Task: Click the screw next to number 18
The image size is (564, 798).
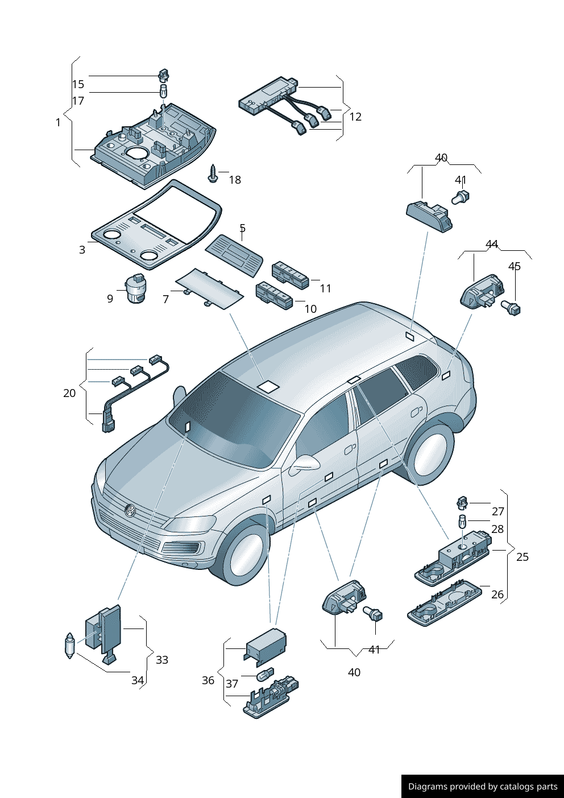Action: (x=213, y=173)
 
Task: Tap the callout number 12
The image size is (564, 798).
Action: (x=355, y=117)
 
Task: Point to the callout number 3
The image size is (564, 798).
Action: (x=82, y=250)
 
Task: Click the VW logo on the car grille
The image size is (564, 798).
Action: (x=130, y=511)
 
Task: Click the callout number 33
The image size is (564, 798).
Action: (x=162, y=660)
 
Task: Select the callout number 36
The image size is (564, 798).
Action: (x=208, y=680)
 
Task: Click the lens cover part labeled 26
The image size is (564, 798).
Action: (x=445, y=601)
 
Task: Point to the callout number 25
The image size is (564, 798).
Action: (x=522, y=557)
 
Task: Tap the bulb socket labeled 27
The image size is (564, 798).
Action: (x=462, y=503)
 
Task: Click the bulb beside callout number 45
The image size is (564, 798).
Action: (x=511, y=308)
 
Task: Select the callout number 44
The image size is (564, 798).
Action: (x=492, y=244)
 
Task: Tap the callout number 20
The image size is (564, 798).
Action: (x=69, y=393)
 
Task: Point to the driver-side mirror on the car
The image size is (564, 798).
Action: (x=304, y=465)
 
